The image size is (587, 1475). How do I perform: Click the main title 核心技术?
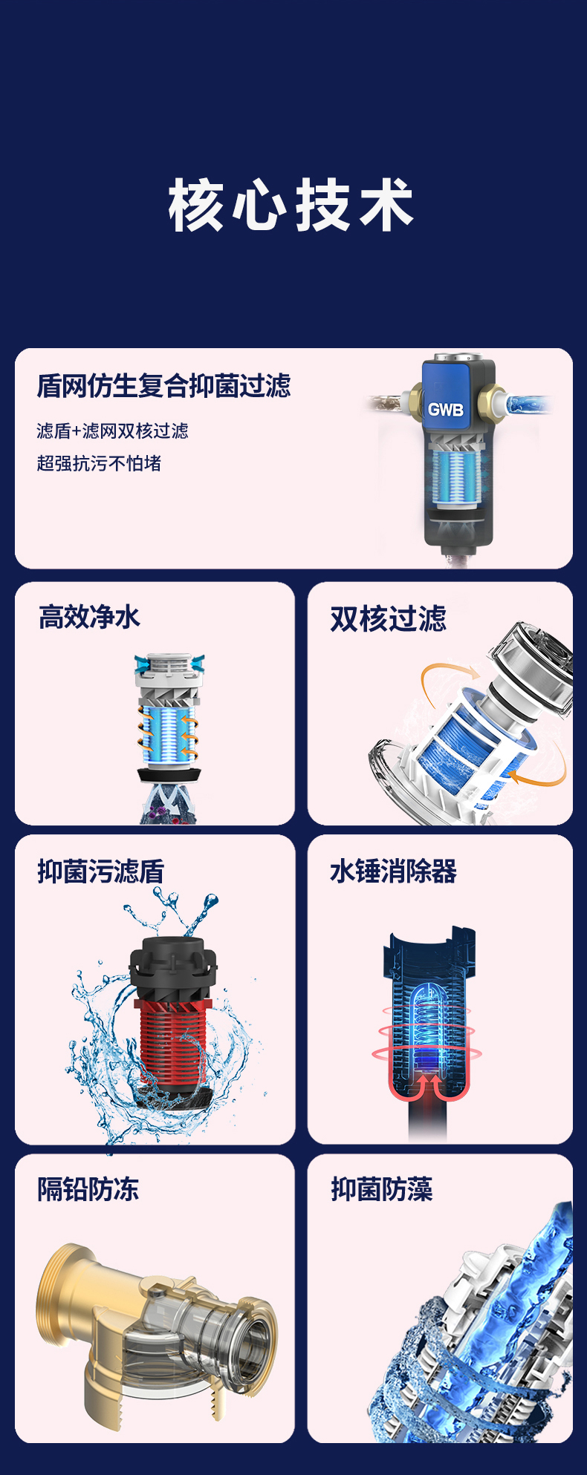point(291,205)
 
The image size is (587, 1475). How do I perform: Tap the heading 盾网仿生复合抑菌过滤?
point(163,386)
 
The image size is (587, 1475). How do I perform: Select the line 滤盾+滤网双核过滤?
point(112,431)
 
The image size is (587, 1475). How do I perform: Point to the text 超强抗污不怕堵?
point(99,463)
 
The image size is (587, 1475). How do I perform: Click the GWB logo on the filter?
point(445,409)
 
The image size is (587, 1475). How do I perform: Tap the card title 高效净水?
point(89,617)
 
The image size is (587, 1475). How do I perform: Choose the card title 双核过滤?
point(388,618)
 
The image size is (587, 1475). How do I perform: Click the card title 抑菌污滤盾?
point(101,871)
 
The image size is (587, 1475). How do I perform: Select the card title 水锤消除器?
point(393,871)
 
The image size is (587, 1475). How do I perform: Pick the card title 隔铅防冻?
point(88,1189)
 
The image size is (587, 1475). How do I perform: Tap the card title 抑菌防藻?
point(382,1189)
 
